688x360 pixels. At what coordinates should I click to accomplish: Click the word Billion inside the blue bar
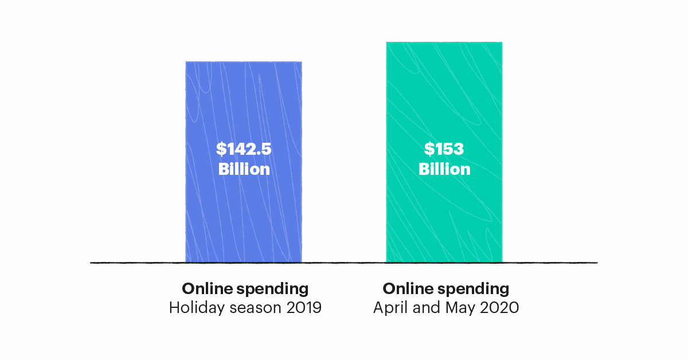click(244, 169)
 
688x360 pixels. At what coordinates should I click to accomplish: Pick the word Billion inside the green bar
click(444, 169)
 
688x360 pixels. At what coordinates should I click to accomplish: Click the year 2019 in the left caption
click(302, 308)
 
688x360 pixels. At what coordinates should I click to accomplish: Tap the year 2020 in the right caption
click(499, 308)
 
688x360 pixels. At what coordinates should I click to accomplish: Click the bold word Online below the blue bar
click(204, 288)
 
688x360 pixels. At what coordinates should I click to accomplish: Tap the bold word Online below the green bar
click(405, 288)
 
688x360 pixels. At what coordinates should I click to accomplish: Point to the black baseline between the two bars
click(344, 263)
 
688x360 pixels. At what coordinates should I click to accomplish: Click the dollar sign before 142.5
click(221, 149)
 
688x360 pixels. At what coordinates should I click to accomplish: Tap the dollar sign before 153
click(429, 149)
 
